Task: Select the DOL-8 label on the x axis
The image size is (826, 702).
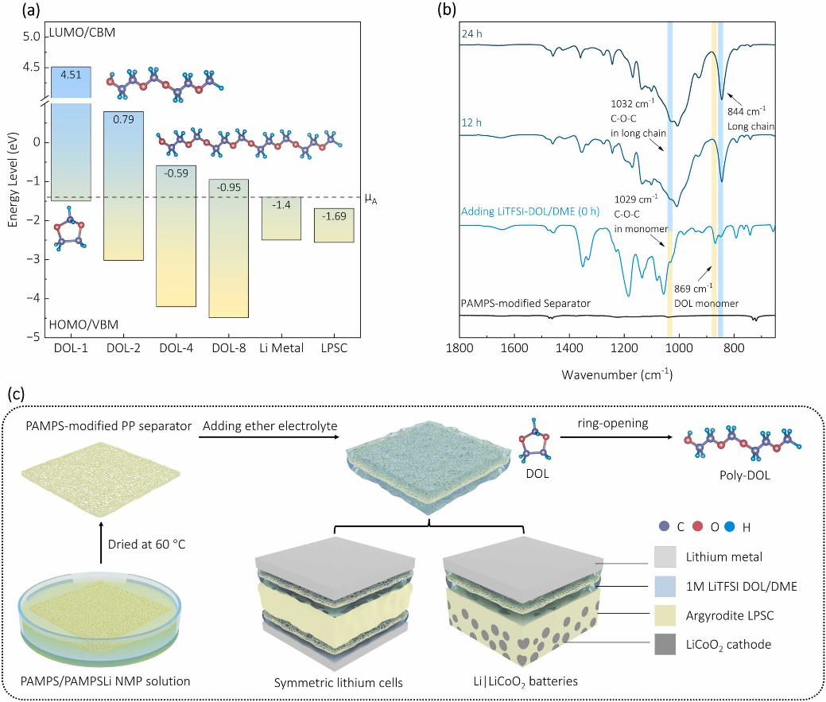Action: coord(229,347)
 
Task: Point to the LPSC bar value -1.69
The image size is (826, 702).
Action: coord(333,215)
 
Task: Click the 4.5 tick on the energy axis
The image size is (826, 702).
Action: coord(31,67)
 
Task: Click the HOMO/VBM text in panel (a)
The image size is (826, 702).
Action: coord(81,324)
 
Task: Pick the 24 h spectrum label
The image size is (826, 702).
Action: coord(475,33)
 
